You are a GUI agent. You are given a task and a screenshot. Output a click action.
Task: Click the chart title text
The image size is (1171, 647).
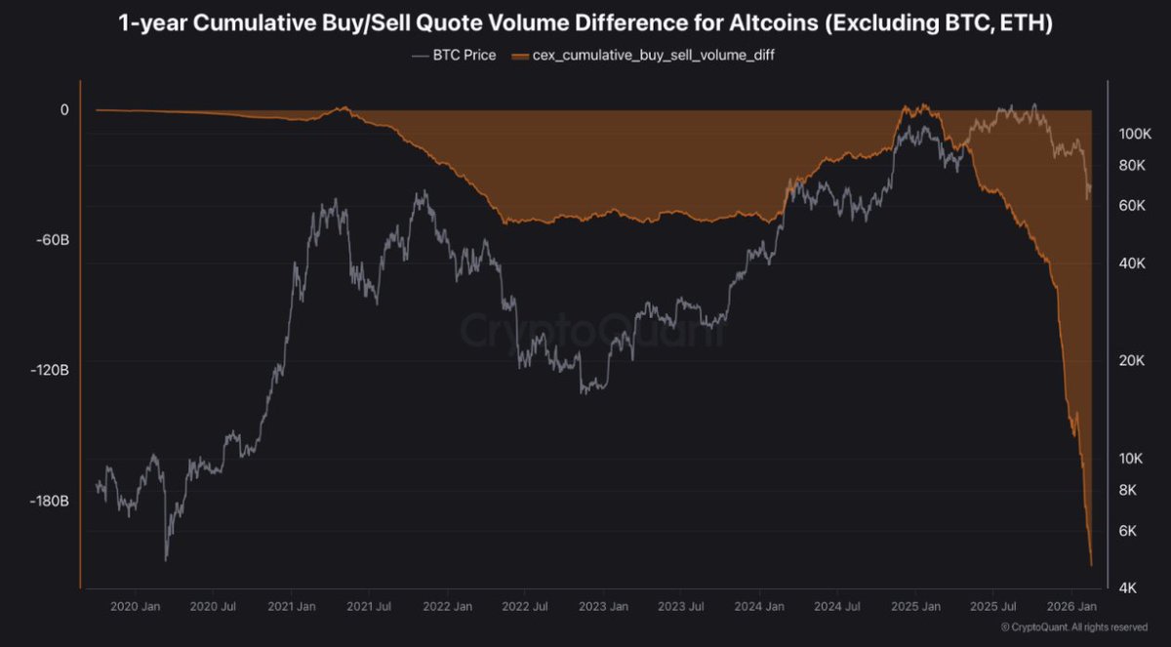click(x=585, y=24)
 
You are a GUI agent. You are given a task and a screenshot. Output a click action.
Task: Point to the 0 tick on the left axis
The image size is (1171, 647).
click(x=64, y=110)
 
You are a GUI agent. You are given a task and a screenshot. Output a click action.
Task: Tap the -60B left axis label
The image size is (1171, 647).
click(x=51, y=240)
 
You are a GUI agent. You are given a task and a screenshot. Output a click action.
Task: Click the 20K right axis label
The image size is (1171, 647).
click(x=1131, y=361)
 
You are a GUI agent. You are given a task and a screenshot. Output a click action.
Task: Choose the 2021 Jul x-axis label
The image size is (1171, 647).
click(x=371, y=606)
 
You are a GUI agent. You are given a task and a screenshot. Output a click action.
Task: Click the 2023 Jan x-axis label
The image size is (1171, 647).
click(x=603, y=606)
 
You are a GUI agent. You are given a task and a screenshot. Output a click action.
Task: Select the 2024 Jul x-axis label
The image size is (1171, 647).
click(x=837, y=606)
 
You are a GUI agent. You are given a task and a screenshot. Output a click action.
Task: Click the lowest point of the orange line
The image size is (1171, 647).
click(x=1090, y=564)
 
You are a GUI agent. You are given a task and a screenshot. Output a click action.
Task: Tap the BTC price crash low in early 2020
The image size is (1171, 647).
click(x=166, y=559)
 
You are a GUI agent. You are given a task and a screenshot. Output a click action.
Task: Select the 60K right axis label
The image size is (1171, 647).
click(x=1131, y=205)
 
